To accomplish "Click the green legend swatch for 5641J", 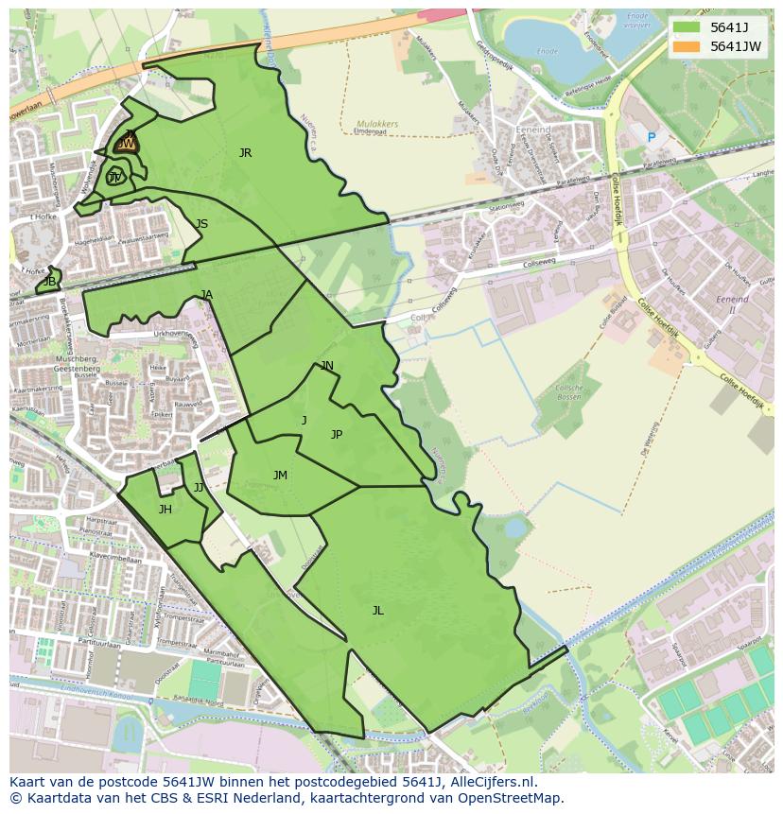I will click(x=687, y=27).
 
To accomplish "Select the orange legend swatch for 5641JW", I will click(x=687, y=46).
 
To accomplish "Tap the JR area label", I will click(x=245, y=152).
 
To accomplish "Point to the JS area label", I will click(x=201, y=224).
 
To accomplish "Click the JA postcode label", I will click(x=207, y=295).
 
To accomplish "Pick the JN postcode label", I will click(x=327, y=366).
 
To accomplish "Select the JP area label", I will click(x=337, y=435).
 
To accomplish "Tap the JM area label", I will click(x=280, y=476).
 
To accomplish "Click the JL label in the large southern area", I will click(x=377, y=611).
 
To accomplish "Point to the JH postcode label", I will click(x=165, y=510).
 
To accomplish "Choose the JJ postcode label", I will click(x=199, y=488).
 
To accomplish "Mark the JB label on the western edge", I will click(x=49, y=282).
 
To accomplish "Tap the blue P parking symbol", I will click(x=651, y=138).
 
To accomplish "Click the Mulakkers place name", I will click(x=377, y=124).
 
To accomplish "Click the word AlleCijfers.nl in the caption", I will click(x=490, y=782).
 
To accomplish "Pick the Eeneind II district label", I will click(x=732, y=303).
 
